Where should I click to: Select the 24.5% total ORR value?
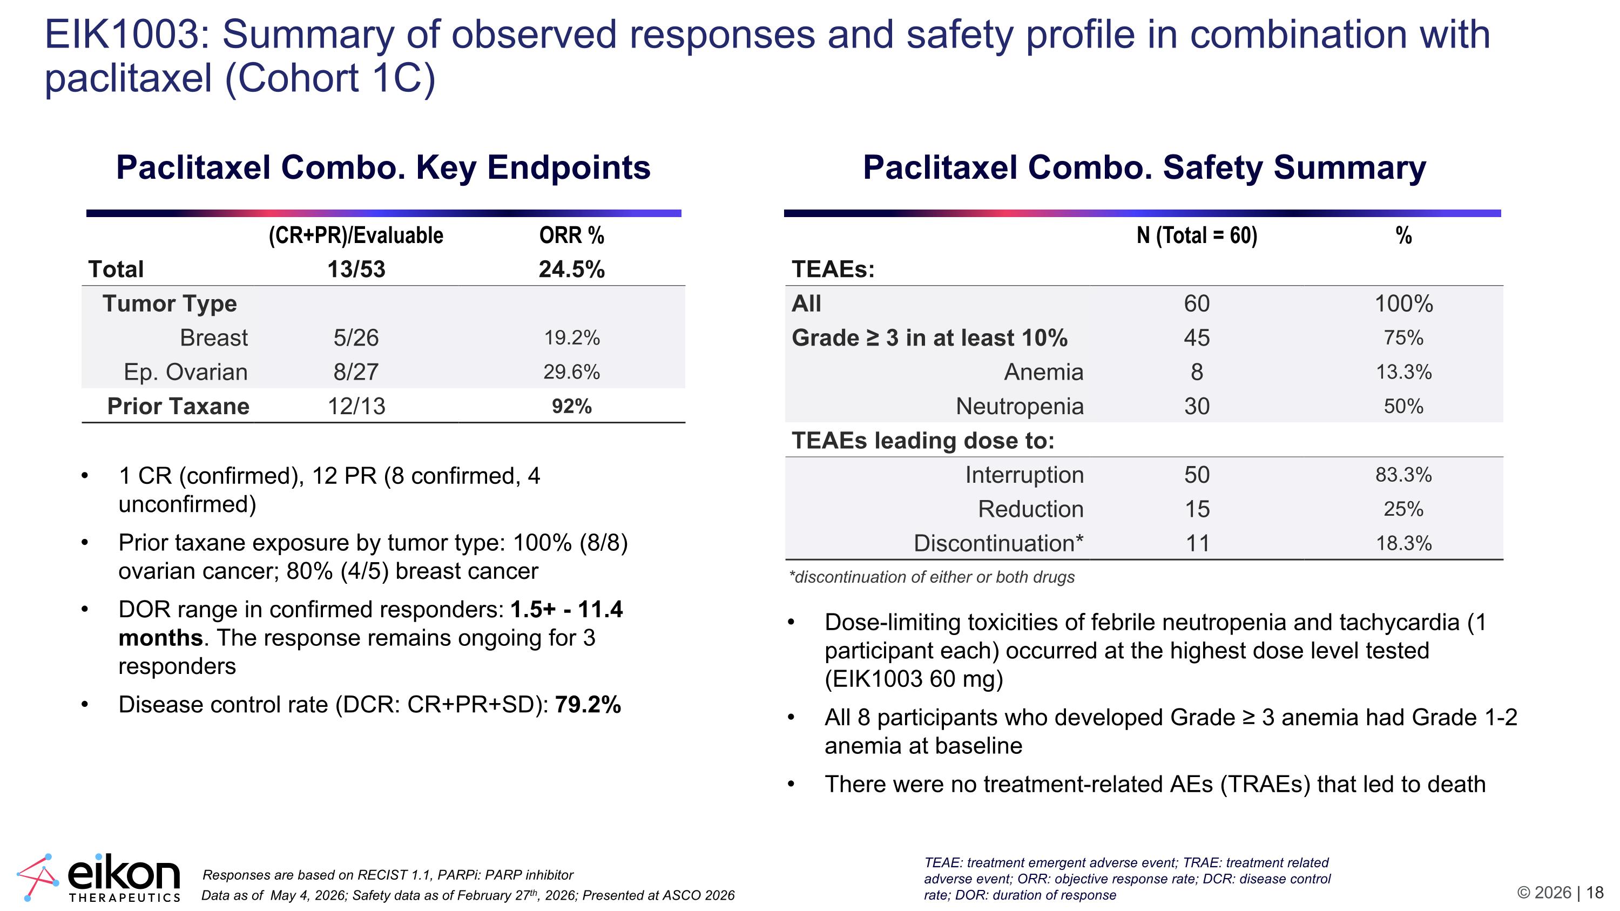click(x=572, y=269)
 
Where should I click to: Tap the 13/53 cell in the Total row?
click(x=356, y=269)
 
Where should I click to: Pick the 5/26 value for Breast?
click(x=356, y=338)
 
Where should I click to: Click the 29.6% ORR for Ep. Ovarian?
click(x=572, y=372)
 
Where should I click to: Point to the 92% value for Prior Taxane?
click(x=572, y=406)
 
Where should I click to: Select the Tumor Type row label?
click(x=170, y=303)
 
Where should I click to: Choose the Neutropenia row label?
click(x=1020, y=406)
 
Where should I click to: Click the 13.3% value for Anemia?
click(x=1403, y=372)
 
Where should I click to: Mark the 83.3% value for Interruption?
click(x=1403, y=475)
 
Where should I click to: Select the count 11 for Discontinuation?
click(x=1197, y=543)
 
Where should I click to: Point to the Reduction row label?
click(x=1031, y=509)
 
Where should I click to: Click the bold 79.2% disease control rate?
click(x=588, y=704)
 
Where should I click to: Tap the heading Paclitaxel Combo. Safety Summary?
click(x=1144, y=167)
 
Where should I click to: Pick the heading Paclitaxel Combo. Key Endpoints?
click(x=383, y=167)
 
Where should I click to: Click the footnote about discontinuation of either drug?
click(x=932, y=577)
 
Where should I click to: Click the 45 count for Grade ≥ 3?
click(x=1197, y=338)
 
